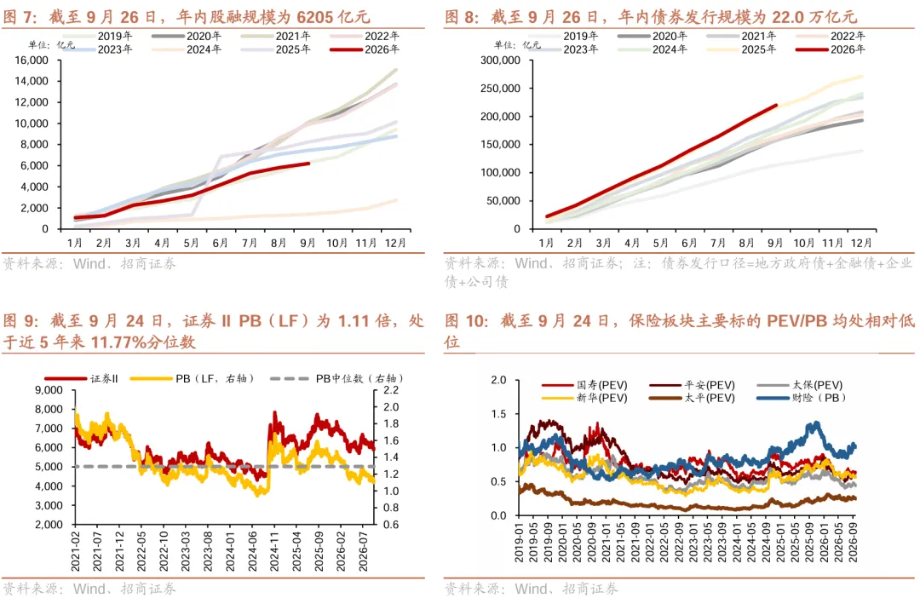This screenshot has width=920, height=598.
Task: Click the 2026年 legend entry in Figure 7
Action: click(x=365, y=50)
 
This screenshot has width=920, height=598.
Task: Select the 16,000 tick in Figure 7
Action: click(x=32, y=60)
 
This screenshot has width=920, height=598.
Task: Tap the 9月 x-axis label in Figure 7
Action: click(x=308, y=243)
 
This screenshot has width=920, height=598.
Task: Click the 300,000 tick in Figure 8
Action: click(x=500, y=60)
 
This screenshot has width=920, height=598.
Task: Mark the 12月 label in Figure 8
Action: click(x=861, y=243)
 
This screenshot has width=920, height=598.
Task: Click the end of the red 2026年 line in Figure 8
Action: click(x=776, y=106)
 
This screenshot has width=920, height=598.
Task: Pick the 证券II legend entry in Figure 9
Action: click(x=82, y=378)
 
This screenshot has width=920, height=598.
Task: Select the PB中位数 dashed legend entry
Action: click(x=336, y=378)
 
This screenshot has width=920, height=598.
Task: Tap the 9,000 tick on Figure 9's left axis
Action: click(x=49, y=390)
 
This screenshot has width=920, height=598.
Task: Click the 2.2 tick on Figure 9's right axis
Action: click(x=391, y=390)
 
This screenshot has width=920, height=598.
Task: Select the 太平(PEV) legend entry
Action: click(x=693, y=398)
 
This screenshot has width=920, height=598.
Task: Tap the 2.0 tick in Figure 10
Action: click(x=498, y=380)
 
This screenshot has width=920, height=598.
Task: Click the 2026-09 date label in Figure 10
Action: click(x=853, y=542)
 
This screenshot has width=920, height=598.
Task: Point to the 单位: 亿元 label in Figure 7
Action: click(x=52, y=45)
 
